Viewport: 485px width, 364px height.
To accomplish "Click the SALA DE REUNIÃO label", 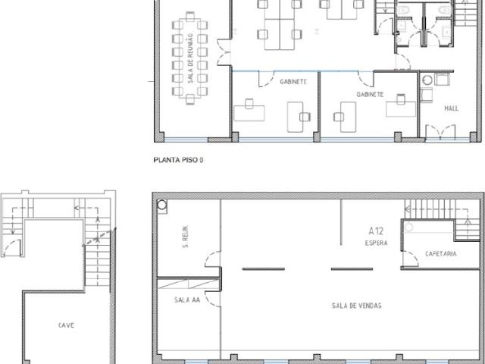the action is coord(190,58).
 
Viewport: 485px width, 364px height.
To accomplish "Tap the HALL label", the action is coord(452,108).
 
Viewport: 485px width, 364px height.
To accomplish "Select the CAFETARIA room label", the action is coord(441,254).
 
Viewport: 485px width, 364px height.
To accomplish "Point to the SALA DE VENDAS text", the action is coord(357,306).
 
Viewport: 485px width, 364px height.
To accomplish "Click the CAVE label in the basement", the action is coord(66,325).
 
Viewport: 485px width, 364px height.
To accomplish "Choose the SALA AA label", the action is coord(187,300).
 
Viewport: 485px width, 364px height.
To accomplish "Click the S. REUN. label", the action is coord(186,237).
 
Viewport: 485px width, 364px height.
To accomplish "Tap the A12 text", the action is coord(376,231).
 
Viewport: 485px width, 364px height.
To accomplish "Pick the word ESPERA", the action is coord(376,243).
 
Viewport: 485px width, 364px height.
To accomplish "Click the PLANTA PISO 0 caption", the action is coord(179,160).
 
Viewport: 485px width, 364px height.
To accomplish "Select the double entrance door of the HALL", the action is coord(440,133).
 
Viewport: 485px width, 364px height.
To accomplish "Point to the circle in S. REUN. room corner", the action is coord(162,205).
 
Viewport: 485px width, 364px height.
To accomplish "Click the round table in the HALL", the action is coord(427,80).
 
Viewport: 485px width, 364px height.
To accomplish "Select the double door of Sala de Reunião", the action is coord(224,52).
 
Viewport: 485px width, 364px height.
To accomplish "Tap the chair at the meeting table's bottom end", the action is coord(190,99).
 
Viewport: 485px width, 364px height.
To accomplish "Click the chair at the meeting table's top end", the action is coord(190,17).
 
